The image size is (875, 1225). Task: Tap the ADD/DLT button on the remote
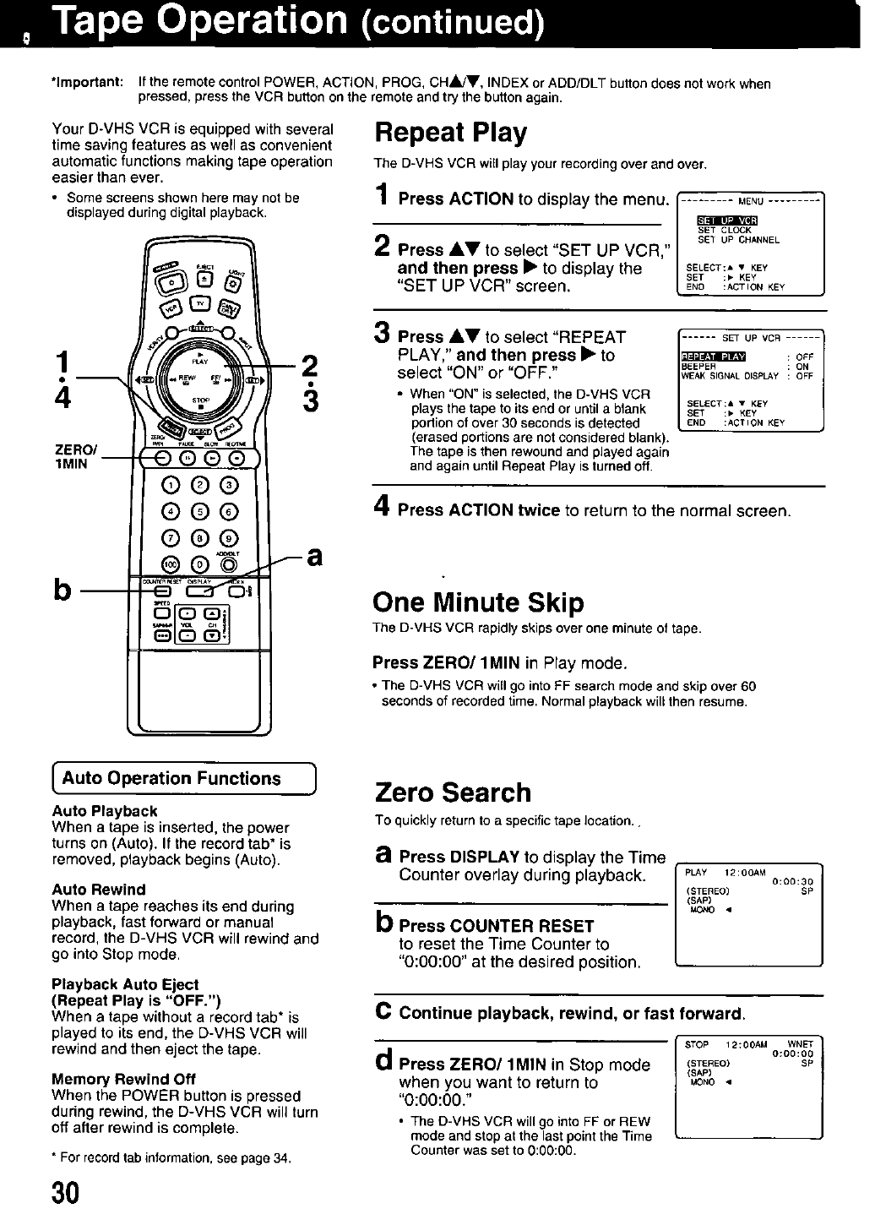click(x=226, y=563)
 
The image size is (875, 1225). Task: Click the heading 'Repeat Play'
click(x=451, y=133)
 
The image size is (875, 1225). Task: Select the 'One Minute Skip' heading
click(x=478, y=602)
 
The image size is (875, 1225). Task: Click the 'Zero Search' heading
click(x=453, y=792)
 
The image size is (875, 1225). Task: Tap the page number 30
click(x=65, y=1192)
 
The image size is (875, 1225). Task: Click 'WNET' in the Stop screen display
click(x=799, y=1044)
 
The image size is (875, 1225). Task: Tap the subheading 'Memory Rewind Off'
click(x=123, y=1079)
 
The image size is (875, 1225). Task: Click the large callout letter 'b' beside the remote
click(x=62, y=589)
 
